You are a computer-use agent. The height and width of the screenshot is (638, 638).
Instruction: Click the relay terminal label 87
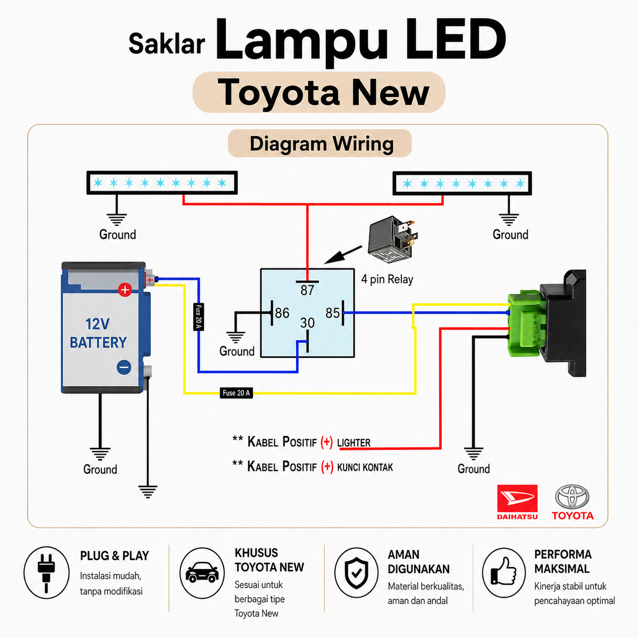(307, 291)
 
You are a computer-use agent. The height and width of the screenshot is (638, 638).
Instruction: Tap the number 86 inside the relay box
(282, 313)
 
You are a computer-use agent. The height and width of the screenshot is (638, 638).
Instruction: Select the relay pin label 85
(332, 313)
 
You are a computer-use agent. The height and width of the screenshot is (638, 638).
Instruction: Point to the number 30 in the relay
(307, 323)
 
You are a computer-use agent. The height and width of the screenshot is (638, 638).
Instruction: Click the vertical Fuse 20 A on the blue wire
(198, 317)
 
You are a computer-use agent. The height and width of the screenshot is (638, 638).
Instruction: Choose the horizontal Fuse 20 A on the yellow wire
(236, 393)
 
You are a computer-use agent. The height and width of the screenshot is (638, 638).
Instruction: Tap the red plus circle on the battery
(125, 290)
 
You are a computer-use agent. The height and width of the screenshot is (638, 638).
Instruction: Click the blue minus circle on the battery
(124, 367)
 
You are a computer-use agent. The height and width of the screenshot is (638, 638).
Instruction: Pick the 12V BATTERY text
(98, 333)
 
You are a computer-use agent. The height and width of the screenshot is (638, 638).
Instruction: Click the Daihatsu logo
(517, 502)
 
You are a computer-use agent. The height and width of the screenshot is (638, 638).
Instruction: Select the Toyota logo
(572, 502)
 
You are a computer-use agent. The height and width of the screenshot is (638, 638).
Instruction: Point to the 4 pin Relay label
(387, 279)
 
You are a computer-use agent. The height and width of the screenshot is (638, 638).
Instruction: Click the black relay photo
(392, 239)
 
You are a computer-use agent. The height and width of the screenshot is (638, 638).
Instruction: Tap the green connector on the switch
(527, 325)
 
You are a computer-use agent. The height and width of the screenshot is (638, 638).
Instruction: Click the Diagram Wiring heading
(322, 143)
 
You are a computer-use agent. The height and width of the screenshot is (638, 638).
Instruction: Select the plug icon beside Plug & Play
(46, 573)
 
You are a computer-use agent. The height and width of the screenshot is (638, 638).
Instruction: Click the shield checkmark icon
(356, 573)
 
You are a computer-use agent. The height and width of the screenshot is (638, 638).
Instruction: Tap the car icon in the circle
(202, 572)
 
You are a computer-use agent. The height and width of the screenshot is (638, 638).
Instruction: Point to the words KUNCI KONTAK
(365, 467)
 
